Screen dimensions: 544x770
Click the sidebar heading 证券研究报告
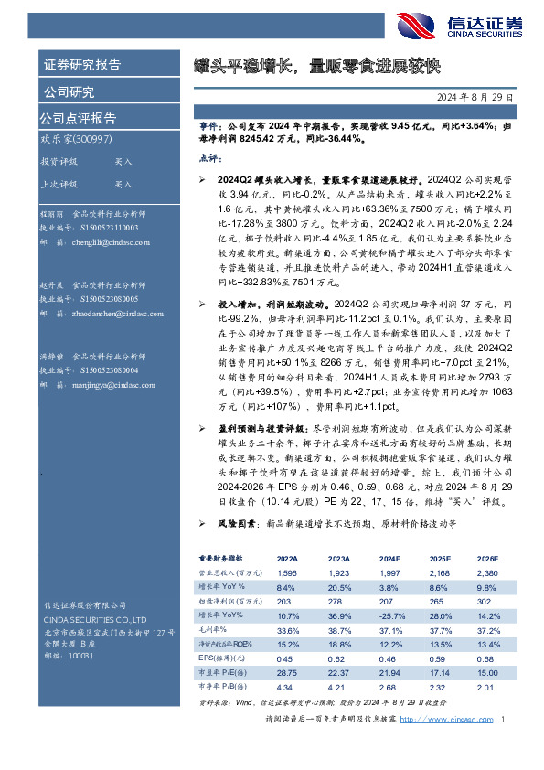[x=81, y=65]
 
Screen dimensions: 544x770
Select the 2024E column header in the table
[x=389, y=557]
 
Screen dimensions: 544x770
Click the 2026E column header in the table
[x=487, y=557]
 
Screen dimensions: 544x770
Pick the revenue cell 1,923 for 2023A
[x=338, y=572]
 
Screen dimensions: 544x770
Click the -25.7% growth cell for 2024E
[x=390, y=616]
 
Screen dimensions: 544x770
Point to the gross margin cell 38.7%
[x=339, y=631]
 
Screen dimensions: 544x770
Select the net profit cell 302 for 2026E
[x=484, y=602]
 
